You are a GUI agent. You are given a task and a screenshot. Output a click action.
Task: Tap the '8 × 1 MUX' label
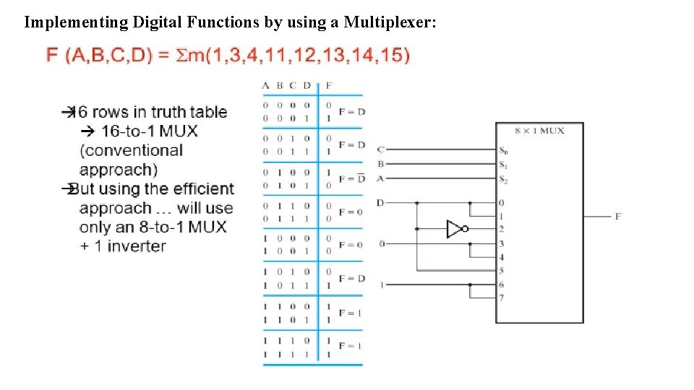point(539,131)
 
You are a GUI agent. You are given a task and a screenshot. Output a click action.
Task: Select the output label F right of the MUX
point(618,216)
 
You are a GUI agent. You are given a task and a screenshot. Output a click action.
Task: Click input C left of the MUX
point(381,149)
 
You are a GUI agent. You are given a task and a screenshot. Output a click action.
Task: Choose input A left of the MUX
point(381,178)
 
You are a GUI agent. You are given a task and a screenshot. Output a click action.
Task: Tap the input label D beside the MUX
point(381,203)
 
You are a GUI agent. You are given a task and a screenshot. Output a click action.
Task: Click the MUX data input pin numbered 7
point(502,298)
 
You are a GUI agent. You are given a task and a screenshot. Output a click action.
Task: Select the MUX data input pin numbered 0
point(502,203)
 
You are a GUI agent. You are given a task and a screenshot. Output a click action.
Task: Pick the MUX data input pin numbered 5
point(502,271)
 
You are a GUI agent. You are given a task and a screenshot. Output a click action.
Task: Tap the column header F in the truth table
point(329,86)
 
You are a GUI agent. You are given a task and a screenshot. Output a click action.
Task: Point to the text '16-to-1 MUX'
point(149,131)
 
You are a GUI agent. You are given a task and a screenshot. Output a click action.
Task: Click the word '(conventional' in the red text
point(131,150)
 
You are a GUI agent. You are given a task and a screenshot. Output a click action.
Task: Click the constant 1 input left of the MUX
point(382,285)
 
